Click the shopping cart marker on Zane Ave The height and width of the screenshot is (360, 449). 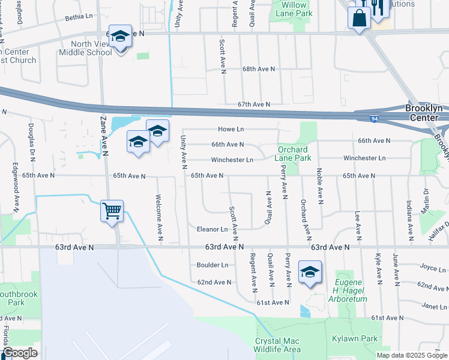click(112, 211)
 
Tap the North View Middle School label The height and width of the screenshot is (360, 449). click(85, 48)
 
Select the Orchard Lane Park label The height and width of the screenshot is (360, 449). click(294, 154)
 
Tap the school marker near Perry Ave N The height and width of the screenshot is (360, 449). click(310, 272)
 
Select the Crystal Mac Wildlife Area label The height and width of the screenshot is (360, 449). click(278, 345)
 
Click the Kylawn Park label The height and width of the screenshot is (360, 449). click(354, 339)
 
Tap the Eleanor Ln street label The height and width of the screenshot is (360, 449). click(212, 229)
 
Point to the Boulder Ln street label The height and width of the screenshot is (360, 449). click(212, 265)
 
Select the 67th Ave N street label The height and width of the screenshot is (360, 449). click(253, 104)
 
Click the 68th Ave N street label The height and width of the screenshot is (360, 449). click(258, 69)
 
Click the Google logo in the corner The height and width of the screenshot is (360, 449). click(20, 353)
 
